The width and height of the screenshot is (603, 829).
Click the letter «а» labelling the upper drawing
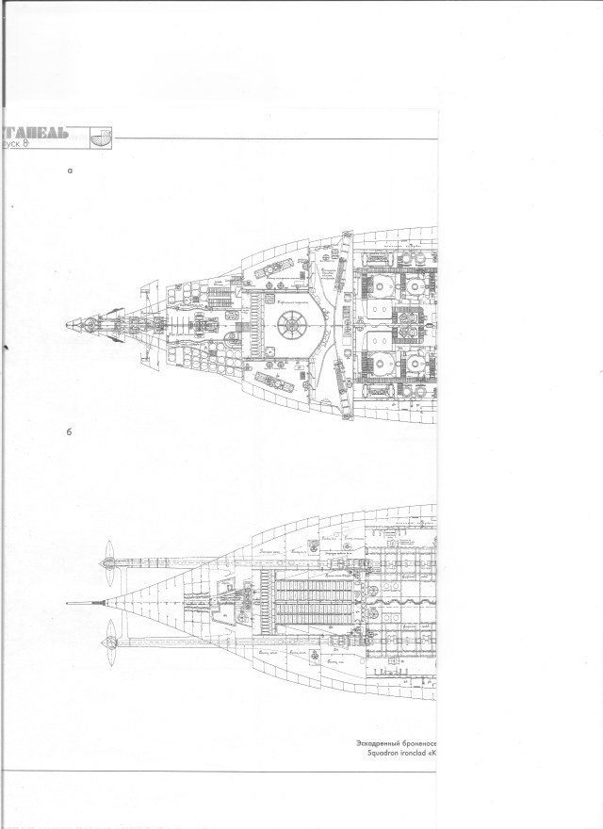[x=71, y=172]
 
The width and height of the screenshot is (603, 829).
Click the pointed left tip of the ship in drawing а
[x=67, y=326]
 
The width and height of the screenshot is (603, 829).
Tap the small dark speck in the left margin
[x=7, y=348]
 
